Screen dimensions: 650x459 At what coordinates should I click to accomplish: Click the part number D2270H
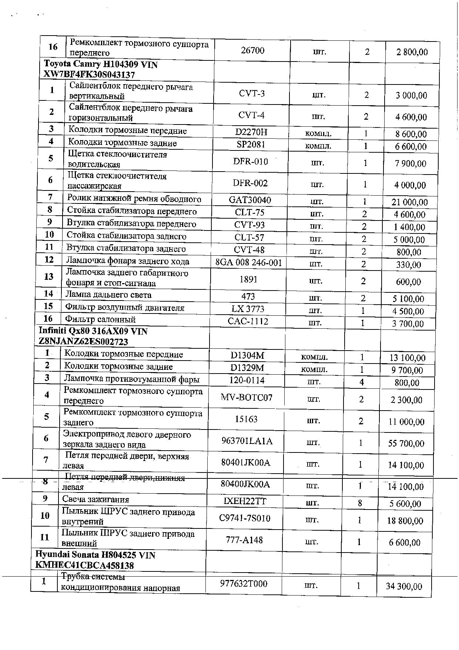pos(251,132)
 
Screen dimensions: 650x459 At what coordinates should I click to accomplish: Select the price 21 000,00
pos(409,202)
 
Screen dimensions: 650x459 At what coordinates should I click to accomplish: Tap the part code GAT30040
pos(250,200)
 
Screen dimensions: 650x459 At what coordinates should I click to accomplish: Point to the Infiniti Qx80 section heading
pos(93,336)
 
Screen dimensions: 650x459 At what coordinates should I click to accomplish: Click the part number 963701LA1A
pos(247,441)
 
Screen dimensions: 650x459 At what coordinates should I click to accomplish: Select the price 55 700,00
pos(406,443)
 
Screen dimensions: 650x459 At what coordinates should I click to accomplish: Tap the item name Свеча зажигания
pos(96,499)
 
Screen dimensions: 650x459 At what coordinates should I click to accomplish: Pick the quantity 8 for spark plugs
pos(360,503)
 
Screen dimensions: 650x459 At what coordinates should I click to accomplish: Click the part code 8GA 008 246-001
pos(249,263)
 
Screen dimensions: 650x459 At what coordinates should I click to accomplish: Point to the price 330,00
pos(409,265)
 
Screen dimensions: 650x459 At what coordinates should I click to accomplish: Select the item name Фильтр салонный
pos(100,319)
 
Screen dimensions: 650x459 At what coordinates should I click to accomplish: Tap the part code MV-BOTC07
pos(247,398)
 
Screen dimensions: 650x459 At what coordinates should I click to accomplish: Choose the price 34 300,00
pos(404,586)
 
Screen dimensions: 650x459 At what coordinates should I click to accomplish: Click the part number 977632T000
pos(244,584)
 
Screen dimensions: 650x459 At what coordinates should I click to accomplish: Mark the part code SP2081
pos(251,145)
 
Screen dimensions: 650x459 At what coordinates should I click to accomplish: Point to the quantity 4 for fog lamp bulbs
pos(362,382)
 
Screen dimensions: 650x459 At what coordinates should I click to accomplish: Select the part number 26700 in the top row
pos(252,50)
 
